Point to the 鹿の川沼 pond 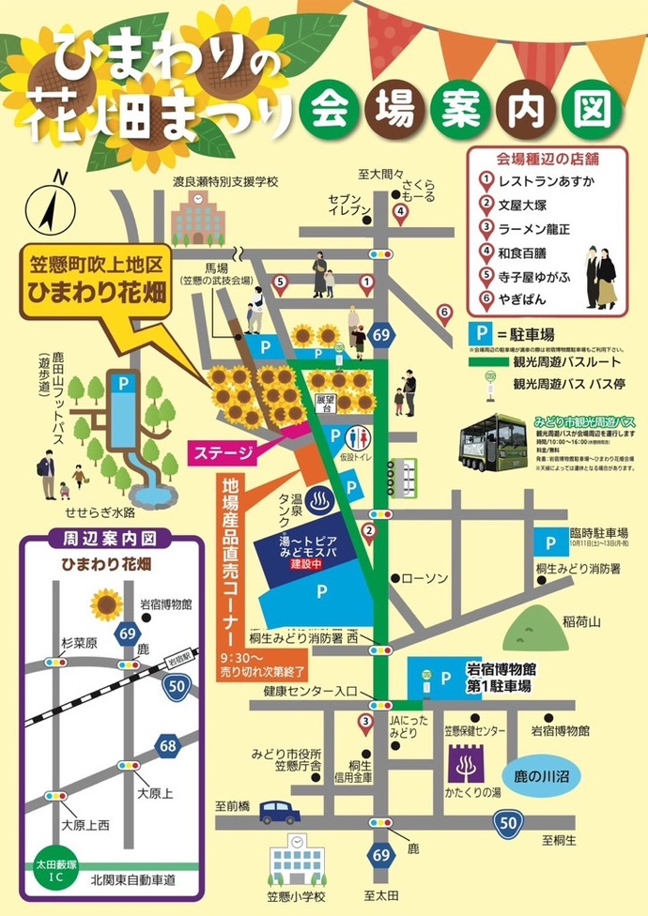(555, 776)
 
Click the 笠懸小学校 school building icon (294, 861)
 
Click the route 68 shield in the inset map (169, 746)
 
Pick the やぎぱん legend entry (527, 299)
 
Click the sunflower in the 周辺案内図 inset (106, 603)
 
